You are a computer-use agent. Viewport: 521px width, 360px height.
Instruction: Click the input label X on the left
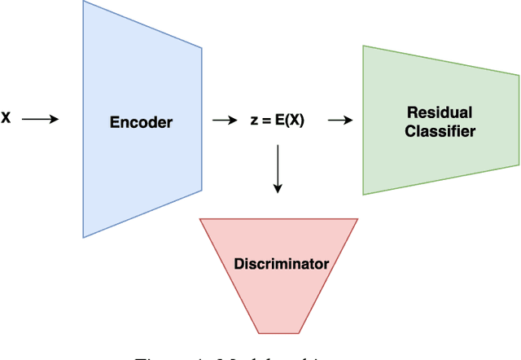point(6,119)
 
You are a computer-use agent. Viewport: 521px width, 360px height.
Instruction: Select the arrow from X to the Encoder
point(40,119)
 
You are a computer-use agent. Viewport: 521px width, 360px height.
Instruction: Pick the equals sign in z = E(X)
point(268,120)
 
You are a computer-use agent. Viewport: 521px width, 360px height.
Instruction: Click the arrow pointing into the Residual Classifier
point(339,120)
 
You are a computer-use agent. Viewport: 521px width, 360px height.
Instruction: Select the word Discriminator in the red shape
point(281,264)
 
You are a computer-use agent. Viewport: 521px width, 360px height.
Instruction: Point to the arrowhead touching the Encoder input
point(55,119)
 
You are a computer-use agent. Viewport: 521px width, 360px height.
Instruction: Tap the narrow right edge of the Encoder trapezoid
point(201,120)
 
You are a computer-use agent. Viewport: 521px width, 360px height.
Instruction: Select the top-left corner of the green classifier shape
point(363,46)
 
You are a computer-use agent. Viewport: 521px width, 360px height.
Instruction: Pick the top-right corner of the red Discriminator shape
point(357,219)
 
